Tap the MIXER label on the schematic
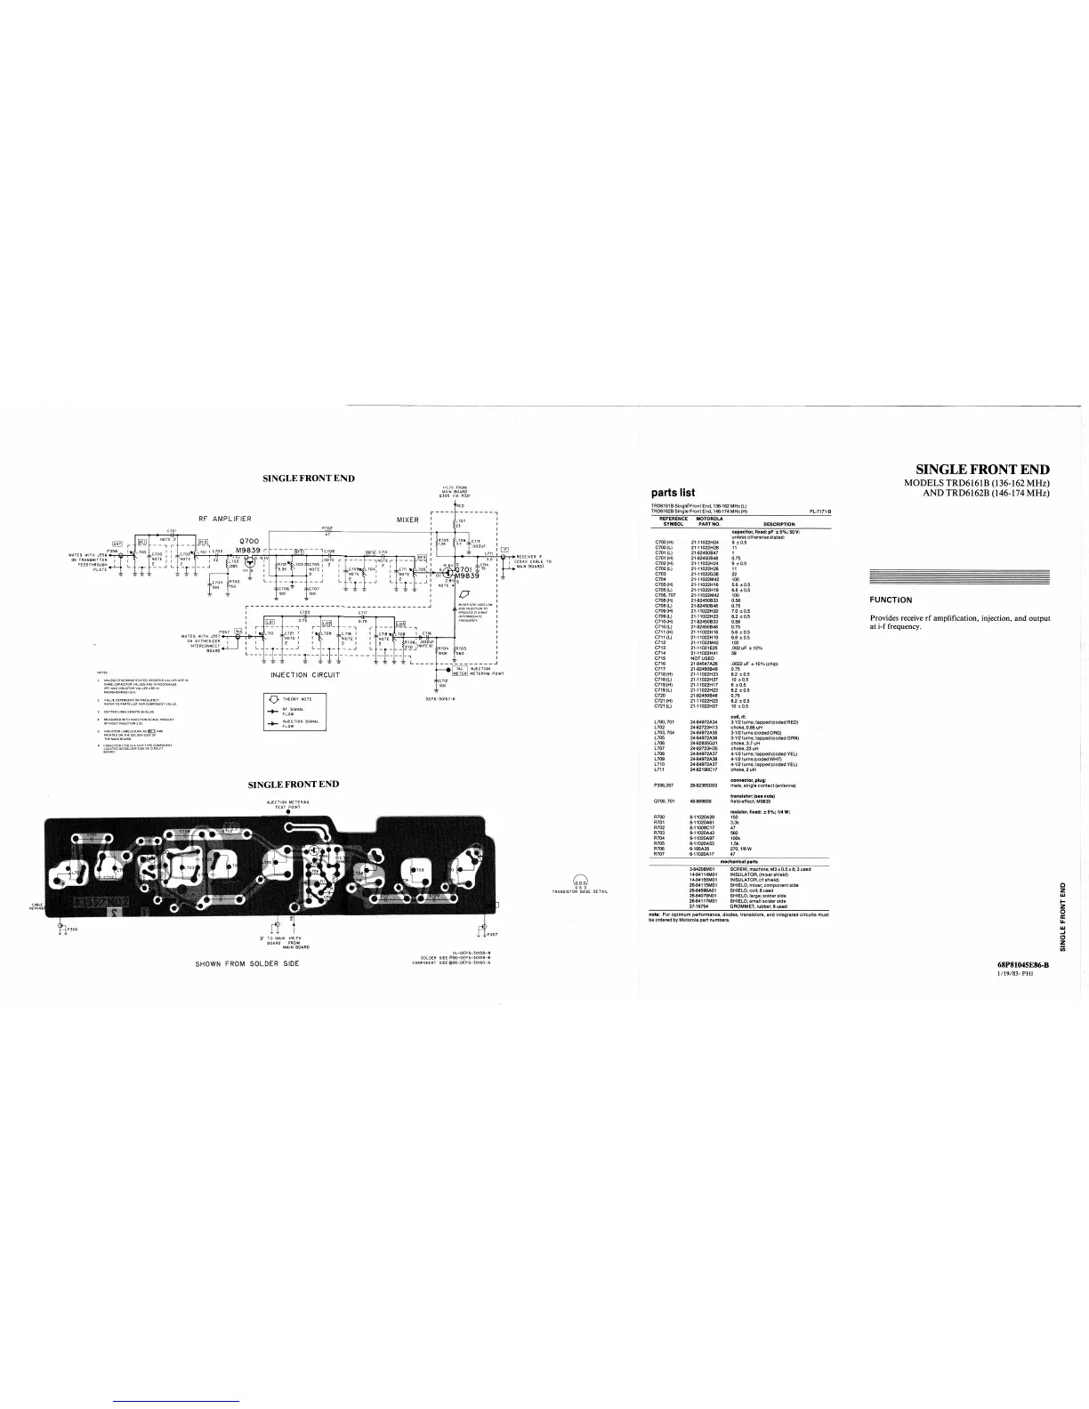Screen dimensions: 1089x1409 pyautogui.click(x=407, y=519)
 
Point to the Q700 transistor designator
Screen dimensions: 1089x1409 pyautogui.click(x=249, y=541)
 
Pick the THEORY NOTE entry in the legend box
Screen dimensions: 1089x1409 pyautogui.click(x=297, y=699)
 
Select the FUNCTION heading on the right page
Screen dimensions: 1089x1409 pyautogui.click(x=891, y=600)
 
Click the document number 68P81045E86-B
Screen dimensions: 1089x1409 pyautogui.click(x=1023, y=965)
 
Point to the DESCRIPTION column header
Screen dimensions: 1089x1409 pyautogui.click(x=778, y=524)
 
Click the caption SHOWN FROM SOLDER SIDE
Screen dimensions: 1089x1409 pyautogui.click(x=246, y=964)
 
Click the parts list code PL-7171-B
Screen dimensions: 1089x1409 pyautogui.click(x=819, y=511)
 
